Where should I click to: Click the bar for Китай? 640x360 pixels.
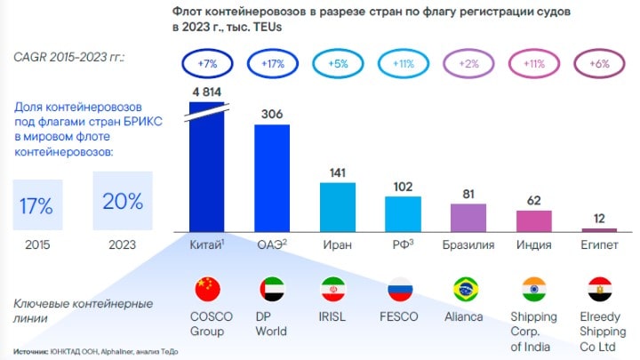206,173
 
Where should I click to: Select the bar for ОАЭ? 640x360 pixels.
272,178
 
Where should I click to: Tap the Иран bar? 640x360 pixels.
337,206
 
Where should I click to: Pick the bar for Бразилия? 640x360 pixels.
468,217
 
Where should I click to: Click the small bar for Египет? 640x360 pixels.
599,228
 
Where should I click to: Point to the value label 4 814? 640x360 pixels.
206,92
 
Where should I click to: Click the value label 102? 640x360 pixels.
403,187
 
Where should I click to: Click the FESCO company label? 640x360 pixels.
403,316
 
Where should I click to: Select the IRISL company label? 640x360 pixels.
337,316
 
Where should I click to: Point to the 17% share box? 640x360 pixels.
36,204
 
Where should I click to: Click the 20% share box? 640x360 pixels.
121,201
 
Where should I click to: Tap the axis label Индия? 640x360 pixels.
533,244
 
